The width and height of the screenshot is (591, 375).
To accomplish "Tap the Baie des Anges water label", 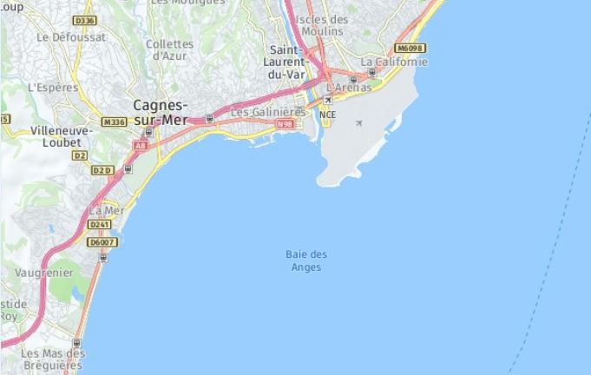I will tap(306, 260).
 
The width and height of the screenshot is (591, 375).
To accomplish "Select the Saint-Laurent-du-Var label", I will tap(288, 62).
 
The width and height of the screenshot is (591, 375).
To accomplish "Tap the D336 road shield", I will tap(85, 20).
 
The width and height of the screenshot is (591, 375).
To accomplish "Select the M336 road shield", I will tap(114, 123).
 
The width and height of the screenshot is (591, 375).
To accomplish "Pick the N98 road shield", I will tap(285, 125).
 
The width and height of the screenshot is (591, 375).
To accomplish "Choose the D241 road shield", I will tap(100, 224).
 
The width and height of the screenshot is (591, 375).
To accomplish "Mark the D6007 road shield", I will tap(102, 242).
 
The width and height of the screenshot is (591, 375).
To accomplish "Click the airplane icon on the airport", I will tap(359, 123).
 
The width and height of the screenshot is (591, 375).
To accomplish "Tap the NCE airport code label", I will tap(327, 115).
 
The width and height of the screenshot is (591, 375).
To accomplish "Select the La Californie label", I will tap(394, 62).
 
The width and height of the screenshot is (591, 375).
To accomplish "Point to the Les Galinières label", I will tap(268, 111).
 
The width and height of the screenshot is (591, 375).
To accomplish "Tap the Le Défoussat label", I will tap(71, 37).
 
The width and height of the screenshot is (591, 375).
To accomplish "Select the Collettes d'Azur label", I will tap(169, 49).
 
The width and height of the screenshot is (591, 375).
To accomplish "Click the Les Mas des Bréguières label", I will tap(53, 359).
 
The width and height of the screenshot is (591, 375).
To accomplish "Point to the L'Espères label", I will tap(53, 87).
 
